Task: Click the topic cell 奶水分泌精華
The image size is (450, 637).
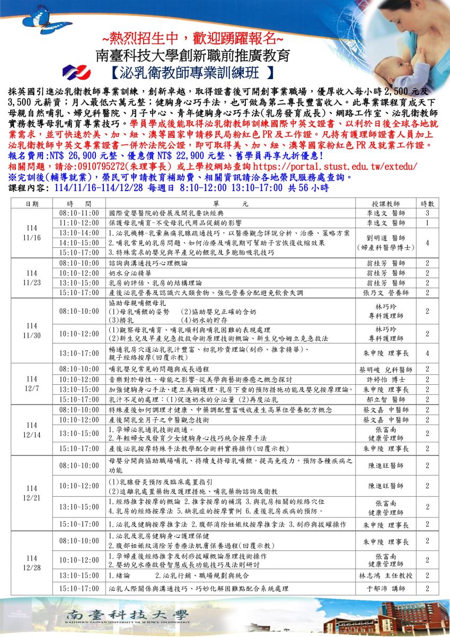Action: coord(126,272)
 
